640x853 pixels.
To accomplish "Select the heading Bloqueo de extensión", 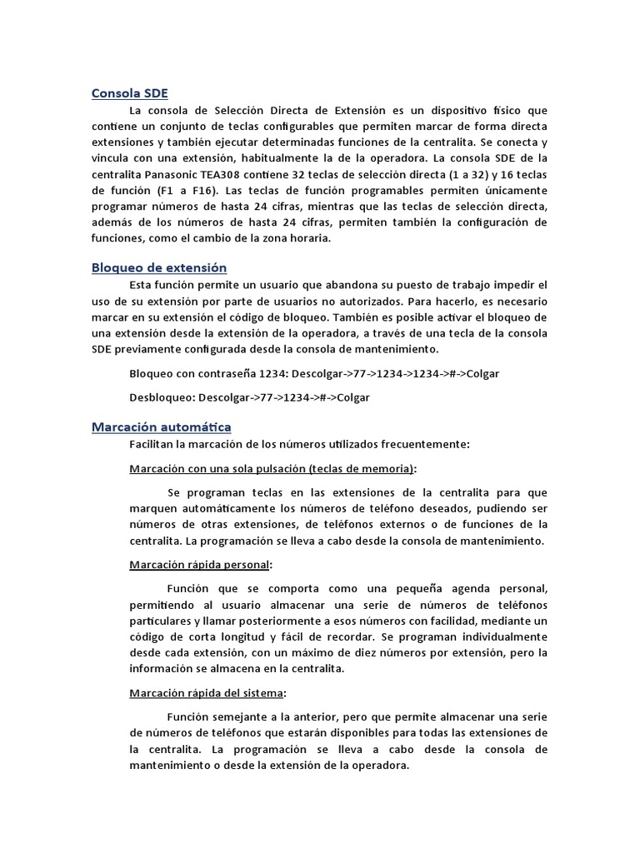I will [158, 267].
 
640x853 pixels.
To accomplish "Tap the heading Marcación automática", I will [161, 427].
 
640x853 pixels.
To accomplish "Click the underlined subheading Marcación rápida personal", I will [199, 565].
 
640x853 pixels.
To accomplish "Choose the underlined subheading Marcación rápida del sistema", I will [207, 692].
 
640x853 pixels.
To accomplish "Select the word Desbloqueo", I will [159, 397].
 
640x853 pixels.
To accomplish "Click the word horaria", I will [305, 238].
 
